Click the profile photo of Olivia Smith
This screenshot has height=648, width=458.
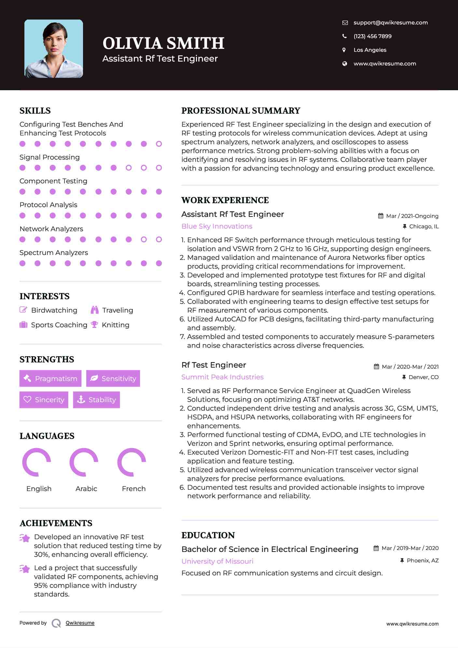(x=54, y=49)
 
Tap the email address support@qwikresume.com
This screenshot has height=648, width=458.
(x=390, y=22)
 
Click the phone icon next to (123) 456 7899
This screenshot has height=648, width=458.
(x=344, y=36)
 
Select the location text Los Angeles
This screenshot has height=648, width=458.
(x=370, y=50)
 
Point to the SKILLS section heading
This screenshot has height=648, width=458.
(x=35, y=111)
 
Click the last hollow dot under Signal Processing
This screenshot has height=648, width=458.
(x=159, y=168)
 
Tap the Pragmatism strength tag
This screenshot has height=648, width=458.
(x=50, y=378)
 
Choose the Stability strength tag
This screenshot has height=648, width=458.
(x=96, y=400)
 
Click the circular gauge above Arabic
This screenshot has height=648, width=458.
(x=84, y=462)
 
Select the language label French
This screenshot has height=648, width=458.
(x=133, y=488)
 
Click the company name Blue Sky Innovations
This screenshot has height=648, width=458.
(x=217, y=226)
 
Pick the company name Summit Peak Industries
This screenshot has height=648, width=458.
(x=222, y=377)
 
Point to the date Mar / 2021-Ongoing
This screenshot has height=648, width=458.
(x=412, y=216)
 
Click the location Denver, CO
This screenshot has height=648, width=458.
(x=423, y=377)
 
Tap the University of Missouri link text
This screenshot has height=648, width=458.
(x=217, y=561)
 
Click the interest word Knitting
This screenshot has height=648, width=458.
(x=116, y=325)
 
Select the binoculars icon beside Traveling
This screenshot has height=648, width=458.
(x=95, y=310)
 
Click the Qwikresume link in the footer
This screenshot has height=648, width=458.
(x=80, y=623)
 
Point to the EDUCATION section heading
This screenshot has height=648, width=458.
(x=208, y=535)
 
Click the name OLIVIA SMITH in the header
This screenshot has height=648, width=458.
(x=163, y=43)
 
